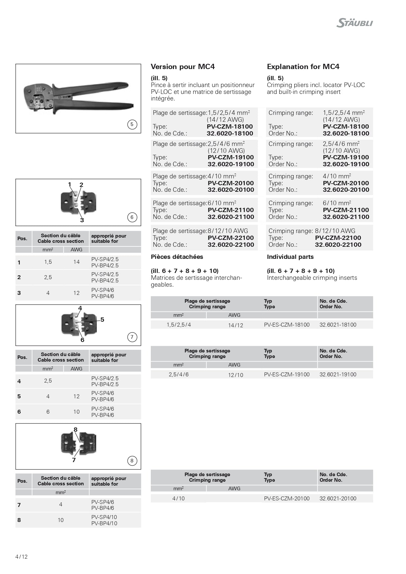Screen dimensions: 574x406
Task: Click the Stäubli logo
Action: (x=355, y=23)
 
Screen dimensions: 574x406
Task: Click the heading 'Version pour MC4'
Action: (x=183, y=67)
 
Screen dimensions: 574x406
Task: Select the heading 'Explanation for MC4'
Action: (x=303, y=67)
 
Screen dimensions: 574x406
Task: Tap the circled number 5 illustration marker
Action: (x=132, y=124)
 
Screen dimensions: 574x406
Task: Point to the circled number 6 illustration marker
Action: (x=132, y=217)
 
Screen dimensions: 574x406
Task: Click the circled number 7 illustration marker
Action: (x=132, y=337)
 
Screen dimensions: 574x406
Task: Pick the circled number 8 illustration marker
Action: (x=132, y=461)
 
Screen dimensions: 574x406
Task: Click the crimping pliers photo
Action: (x=78, y=97)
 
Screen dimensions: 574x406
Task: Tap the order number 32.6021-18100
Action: (x=338, y=325)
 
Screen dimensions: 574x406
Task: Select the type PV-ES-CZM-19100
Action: (x=287, y=374)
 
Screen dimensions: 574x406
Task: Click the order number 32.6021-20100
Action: (x=338, y=498)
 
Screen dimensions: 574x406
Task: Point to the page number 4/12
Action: (x=22, y=557)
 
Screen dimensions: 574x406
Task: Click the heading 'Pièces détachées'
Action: (x=177, y=257)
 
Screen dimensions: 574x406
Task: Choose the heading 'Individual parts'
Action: (x=290, y=257)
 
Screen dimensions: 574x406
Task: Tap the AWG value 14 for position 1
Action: (x=77, y=262)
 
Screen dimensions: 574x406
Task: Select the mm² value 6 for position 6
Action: (x=48, y=412)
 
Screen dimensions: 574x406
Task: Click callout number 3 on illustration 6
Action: (x=82, y=220)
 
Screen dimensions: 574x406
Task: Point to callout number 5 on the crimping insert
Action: (x=102, y=319)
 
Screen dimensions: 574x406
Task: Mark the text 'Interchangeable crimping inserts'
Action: (x=312, y=278)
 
